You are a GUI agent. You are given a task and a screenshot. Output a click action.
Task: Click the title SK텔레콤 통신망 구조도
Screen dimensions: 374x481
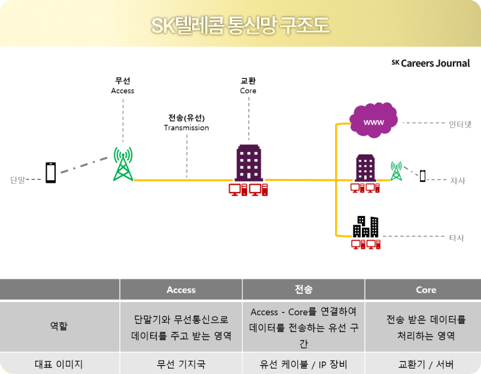[x=240, y=26]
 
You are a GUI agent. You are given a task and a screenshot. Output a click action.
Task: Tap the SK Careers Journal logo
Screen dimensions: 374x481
[x=431, y=63]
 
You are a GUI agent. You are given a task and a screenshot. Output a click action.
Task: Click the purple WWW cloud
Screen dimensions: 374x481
[x=374, y=122]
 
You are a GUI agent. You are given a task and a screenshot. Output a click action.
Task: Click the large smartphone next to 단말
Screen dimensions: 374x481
[x=51, y=172]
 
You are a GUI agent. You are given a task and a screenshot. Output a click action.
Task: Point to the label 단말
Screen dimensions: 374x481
[x=18, y=179]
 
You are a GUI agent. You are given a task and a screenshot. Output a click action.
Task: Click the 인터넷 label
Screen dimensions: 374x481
[x=460, y=124]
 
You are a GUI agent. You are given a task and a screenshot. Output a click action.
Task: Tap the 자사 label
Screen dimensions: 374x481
[x=458, y=180]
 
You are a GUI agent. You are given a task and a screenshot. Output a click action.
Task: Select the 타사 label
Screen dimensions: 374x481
[x=456, y=238]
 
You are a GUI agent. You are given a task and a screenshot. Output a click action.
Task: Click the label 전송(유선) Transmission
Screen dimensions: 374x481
[x=187, y=123]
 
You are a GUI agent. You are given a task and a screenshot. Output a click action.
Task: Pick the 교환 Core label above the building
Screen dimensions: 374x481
[x=248, y=86]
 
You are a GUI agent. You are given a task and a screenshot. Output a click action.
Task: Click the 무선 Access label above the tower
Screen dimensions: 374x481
[x=123, y=86]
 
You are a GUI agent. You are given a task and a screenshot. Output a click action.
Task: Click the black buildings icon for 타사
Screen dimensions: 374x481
[x=366, y=226]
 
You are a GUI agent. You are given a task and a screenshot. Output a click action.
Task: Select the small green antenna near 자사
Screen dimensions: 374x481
[x=395, y=171]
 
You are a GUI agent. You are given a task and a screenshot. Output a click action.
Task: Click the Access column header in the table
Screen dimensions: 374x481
[x=181, y=290]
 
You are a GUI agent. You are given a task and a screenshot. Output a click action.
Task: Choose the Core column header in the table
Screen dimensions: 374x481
[x=425, y=290]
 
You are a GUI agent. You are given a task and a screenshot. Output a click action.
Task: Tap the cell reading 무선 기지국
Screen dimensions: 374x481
[x=181, y=363]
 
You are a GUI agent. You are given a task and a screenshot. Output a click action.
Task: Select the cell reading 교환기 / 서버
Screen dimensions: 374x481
[x=425, y=363]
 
